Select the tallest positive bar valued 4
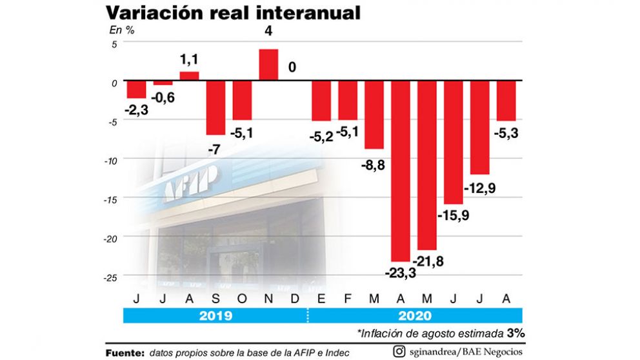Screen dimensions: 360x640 (268, 65)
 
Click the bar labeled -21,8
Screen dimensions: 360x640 (427, 166)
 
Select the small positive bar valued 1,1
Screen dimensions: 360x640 (189, 76)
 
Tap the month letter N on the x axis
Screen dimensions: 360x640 (268, 299)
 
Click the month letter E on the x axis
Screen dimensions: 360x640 (321, 299)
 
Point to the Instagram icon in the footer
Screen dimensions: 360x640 (400, 352)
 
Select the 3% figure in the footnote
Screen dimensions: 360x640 (515, 334)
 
